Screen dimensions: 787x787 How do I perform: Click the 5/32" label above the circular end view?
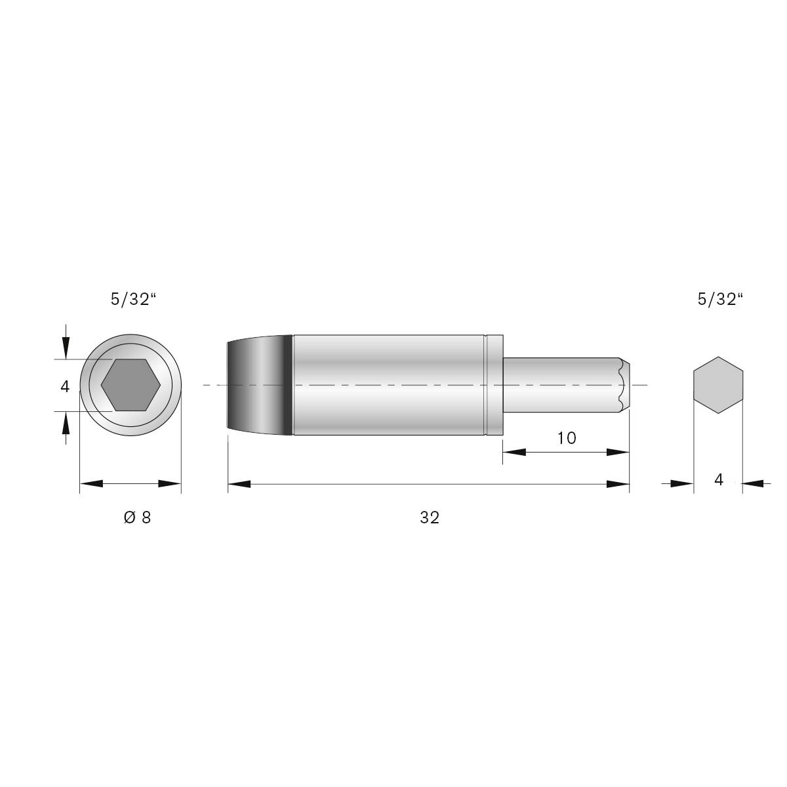pyautogui.click(x=134, y=300)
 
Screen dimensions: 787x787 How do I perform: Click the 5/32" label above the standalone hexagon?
pyautogui.click(x=720, y=300)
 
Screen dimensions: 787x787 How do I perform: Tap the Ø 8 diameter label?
pyautogui.click(x=137, y=517)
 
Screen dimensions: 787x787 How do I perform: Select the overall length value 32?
pyautogui.click(x=430, y=517)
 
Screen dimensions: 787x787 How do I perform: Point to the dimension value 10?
pyautogui.click(x=567, y=438)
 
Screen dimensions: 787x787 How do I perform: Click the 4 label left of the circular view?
pyautogui.click(x=65, y=387)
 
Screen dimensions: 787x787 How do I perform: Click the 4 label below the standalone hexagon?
pyautogui.click(x=718, y=480)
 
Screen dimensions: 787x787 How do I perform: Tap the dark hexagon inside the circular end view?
pyautogui.click(x=131, y=385)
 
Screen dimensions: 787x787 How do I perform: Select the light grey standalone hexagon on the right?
pyautogui.click(x=718, y=385)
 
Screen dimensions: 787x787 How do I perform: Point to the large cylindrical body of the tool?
pyautogui.click(x=387, y=385)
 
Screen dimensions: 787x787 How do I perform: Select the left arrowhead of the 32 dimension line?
pyautogui.click(x=239, y=484)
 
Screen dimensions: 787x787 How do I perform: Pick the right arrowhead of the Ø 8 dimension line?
pyautogui.click(x=171, y=484)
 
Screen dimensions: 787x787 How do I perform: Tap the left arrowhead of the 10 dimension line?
pyautogui.click(x=514, y=452)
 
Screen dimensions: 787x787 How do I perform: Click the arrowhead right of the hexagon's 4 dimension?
pyautogui.click(x=754, y=484)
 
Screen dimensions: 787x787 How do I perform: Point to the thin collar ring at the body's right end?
pyautogui.click(x=494, y=385)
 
